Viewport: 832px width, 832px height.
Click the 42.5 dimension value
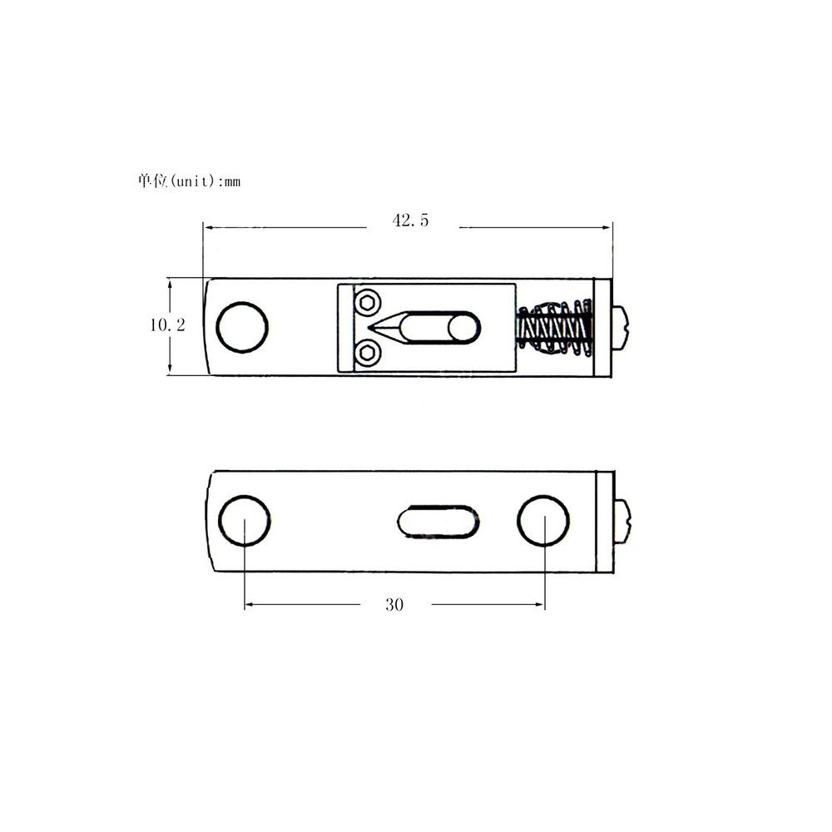tap(410, 220)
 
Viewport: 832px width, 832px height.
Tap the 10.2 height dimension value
tap(168, 324)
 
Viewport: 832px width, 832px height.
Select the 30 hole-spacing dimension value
tap(394, 604)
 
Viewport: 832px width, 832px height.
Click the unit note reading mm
tap(232, 182)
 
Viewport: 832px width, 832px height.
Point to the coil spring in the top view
tap(553, 327)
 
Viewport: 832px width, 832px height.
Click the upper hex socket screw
tap(367, 304)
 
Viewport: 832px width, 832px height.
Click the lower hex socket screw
tap(367, 352)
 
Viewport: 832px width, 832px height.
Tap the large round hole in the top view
tap(242, 327)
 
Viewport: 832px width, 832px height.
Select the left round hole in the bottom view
tap(244, 521)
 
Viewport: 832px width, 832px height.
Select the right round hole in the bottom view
tap(543, 521)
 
